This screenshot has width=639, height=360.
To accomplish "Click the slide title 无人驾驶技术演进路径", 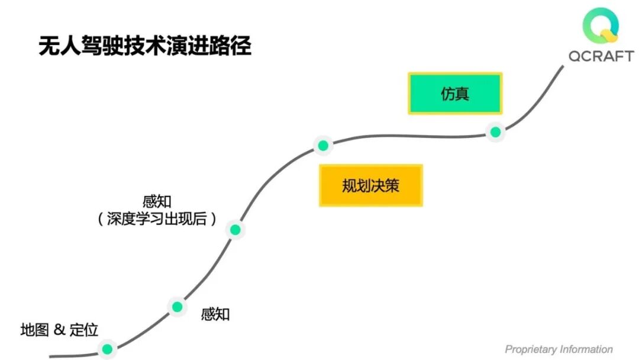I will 145,46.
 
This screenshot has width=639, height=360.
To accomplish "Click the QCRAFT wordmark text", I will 601,56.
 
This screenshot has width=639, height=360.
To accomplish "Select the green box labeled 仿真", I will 455,94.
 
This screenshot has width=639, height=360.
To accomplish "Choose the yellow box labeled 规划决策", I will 371,185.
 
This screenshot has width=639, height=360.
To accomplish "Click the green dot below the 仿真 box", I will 495,132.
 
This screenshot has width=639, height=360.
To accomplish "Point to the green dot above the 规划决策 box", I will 322,145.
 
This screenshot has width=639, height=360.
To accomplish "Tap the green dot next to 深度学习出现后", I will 235,230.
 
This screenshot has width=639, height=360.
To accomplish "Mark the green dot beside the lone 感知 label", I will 176,307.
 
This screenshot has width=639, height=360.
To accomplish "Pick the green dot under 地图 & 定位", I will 106,349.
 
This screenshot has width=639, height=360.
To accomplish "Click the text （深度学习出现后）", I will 157,219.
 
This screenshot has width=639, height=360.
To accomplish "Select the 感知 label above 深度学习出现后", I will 157,201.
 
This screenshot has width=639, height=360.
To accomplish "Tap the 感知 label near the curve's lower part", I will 215,314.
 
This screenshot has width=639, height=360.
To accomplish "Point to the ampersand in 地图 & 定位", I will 59,330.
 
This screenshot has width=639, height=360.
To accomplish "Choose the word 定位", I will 83,330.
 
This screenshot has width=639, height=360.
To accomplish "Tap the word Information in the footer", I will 586,349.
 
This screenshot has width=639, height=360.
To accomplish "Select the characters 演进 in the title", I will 180,46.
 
